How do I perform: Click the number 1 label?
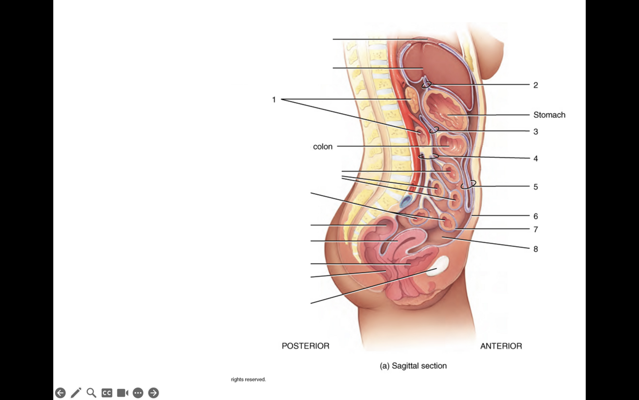tap(274, 100)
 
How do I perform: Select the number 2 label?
tap(536, 85)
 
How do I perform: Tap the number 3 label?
tap(536, 131)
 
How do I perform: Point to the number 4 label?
tap(536, 158)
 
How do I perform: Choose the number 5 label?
tap(536, 187)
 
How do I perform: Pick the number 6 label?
tap(536, 216)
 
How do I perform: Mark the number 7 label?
tap(536, 229)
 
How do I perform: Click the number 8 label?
tap(536, 249)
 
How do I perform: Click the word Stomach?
tap(549, 115)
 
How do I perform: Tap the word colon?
tap(322, 147)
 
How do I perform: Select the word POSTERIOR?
tap(305, 346)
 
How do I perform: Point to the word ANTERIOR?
tap(501, 346)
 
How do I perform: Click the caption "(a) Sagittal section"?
tap(413, 365)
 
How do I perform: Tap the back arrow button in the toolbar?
tap(60, 393)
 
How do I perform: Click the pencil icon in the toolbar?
tap(76, 393)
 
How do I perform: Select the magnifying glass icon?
tap(91, 393)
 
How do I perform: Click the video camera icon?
tap(122, 393)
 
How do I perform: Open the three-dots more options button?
tap(138, 393)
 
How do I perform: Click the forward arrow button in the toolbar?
tap(153, 393)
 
